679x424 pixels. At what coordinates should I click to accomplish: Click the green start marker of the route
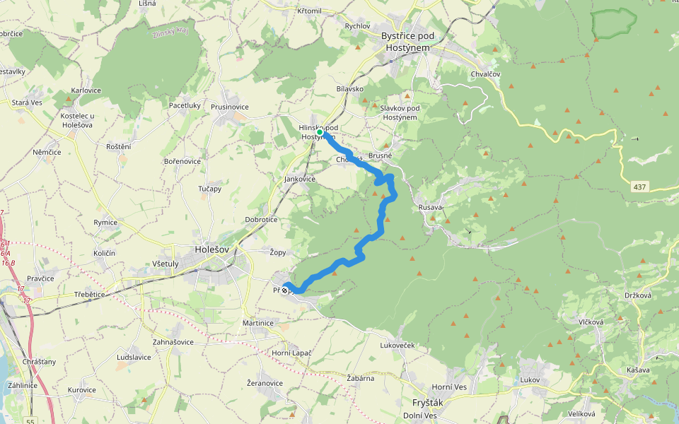320,132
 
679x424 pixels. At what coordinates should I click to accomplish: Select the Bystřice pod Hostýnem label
407,41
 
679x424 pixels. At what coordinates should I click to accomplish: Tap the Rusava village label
431,207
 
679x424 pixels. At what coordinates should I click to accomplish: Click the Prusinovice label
229,107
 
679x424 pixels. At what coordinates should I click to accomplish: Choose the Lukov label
530,380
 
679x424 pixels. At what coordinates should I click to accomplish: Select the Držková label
638,295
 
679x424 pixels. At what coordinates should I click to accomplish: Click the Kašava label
637,370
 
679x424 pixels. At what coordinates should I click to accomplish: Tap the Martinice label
257,323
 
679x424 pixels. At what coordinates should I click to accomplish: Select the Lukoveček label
397,346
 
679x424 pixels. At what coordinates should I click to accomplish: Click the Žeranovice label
265,383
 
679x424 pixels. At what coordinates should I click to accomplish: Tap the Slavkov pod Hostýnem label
400,112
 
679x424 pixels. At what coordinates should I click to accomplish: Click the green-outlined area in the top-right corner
613,23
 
